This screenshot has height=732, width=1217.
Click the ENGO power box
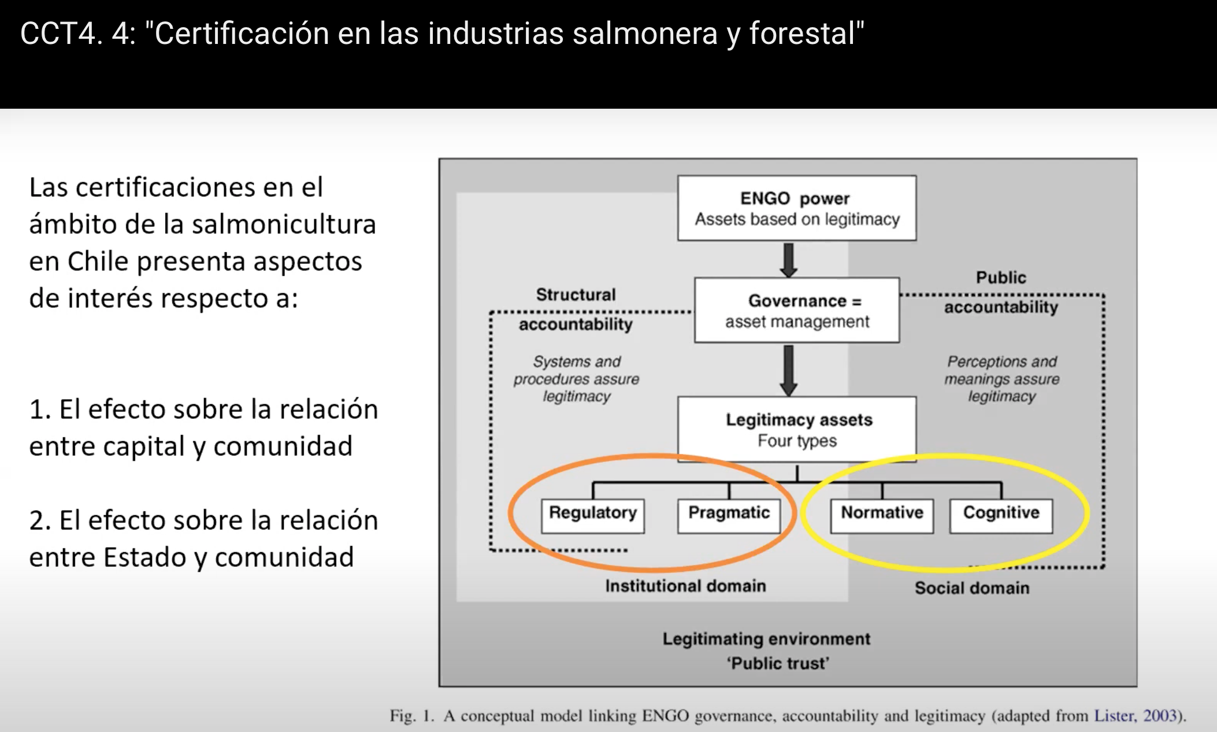797,208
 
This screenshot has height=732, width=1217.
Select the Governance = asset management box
797,310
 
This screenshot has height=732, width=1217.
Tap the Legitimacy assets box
797,429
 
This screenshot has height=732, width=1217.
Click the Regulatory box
593,516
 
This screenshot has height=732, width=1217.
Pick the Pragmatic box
729,516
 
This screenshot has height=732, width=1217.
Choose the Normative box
882,516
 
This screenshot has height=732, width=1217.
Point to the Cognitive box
1001,516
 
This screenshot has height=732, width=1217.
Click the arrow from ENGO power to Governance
789,260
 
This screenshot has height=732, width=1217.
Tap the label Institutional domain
685,586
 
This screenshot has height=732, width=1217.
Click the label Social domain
972,588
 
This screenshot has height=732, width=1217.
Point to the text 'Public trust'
778,663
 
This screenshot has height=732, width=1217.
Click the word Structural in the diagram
576,294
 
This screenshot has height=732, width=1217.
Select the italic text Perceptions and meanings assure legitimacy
1002,379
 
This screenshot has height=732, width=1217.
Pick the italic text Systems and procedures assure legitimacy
577,379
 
